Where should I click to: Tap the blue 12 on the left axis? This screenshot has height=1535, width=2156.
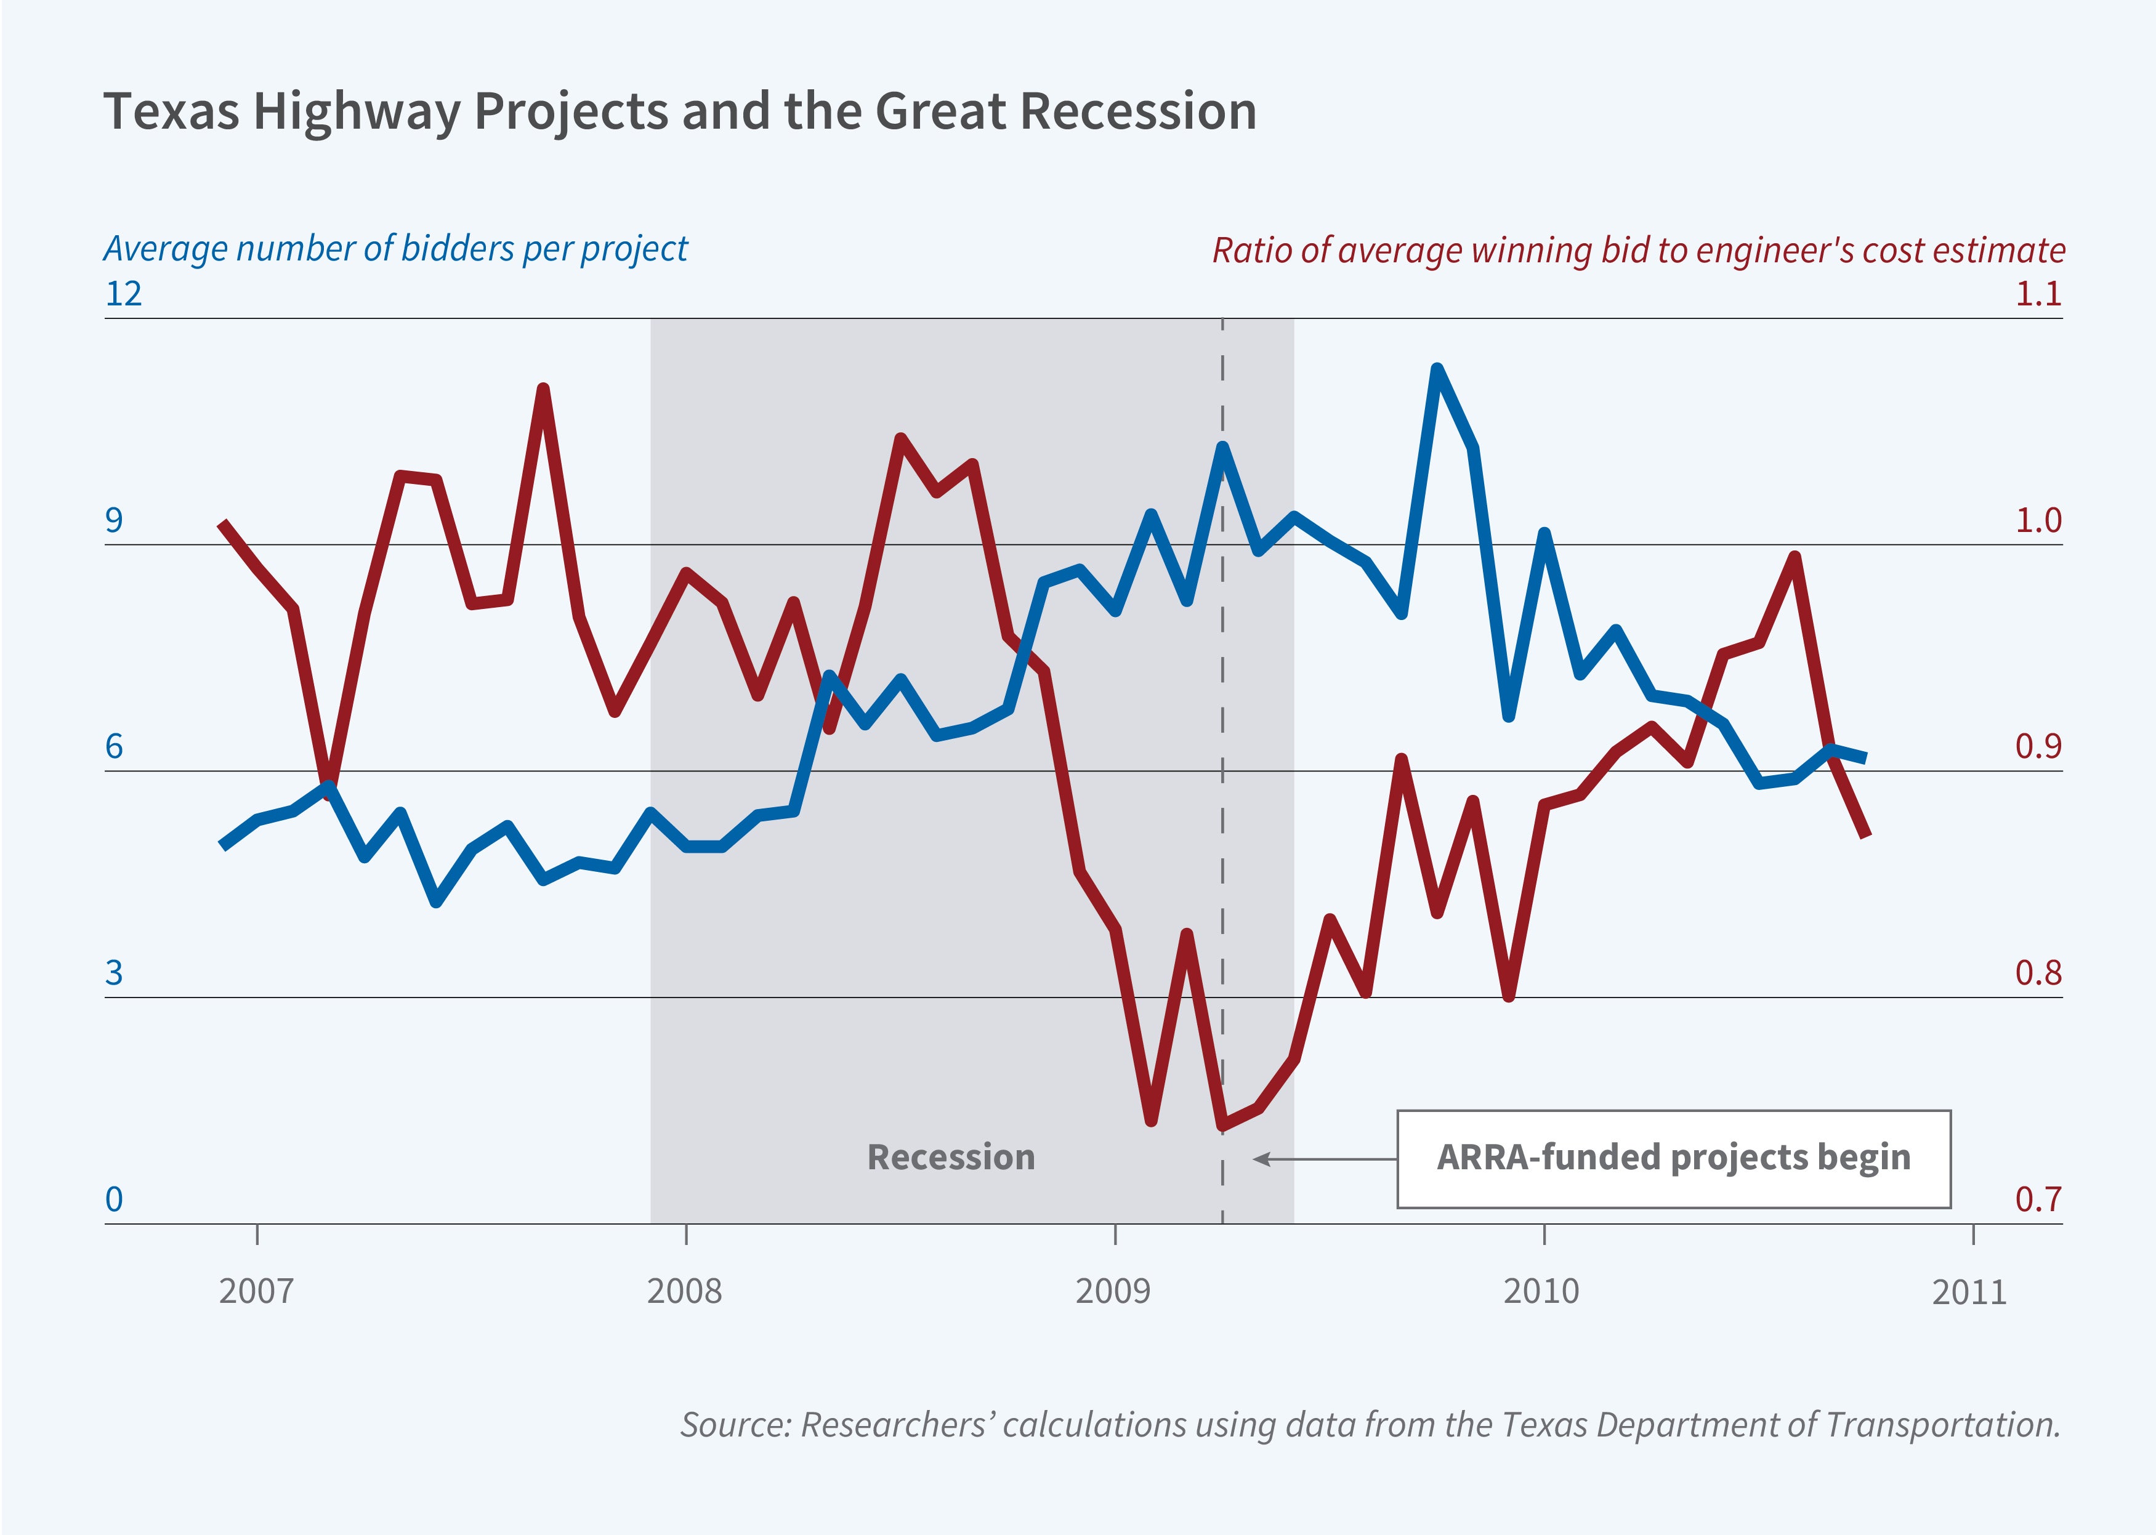[x=124, y=294]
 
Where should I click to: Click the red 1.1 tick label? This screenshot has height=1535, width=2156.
[x=2038, y=294]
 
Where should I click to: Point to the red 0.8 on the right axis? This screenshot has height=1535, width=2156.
[x=2038, y=973]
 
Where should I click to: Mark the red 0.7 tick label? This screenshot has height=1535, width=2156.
[x=2038, y=1199]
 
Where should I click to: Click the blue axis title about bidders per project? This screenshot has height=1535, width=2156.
[x=395, y=249]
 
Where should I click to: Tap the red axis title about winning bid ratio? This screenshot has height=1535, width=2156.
[x=1638, y=251]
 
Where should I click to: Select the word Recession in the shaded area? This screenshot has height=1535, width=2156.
[x=951, y=1157]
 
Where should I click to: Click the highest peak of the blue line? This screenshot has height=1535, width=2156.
[x=1437, y=369]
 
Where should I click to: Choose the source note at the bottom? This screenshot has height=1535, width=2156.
[x=1370, y=1424]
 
